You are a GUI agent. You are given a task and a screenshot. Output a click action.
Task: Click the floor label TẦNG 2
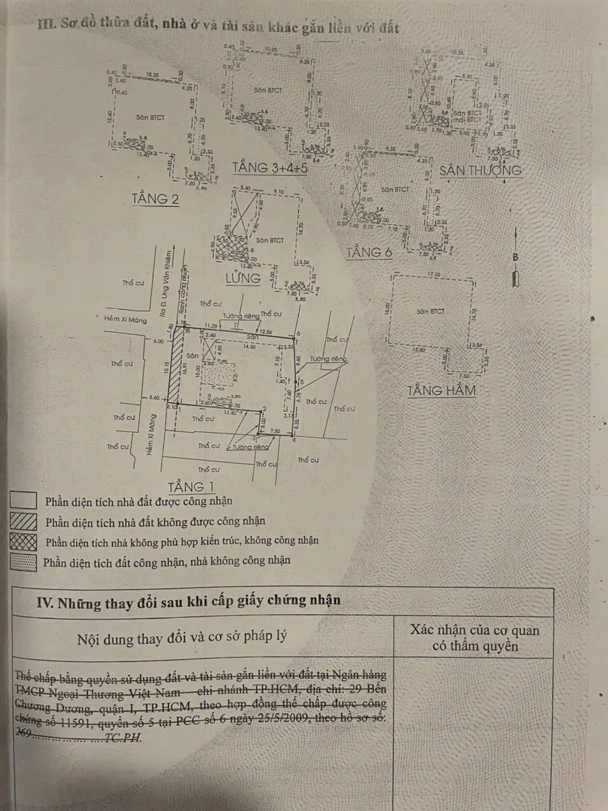(x=155, y=198)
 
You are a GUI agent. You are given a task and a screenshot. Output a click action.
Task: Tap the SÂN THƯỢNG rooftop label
(x=480, y=170)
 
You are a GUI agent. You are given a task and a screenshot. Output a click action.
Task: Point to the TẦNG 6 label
(x=369, y=252)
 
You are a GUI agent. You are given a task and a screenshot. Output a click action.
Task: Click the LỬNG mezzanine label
(x=243, y=278)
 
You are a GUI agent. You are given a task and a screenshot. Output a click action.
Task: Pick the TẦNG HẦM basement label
(x=441, y=390)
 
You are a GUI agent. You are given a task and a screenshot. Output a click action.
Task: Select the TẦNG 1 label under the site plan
(x=191, y=487)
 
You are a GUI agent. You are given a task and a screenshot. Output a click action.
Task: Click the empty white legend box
(x=24, y=501)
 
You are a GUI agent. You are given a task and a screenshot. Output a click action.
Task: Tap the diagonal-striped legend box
(x=24, y=521)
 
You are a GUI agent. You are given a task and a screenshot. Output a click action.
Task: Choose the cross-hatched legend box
(x=24, y=542)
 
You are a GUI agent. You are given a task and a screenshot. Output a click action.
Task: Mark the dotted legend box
(x=24, y=562)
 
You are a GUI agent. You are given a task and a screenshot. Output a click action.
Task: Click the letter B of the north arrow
(x=515, y=257)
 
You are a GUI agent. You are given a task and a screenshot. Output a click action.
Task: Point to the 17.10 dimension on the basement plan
(x=434, y=275)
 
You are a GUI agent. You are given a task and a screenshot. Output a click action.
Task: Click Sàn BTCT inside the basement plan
(x=431, y=311)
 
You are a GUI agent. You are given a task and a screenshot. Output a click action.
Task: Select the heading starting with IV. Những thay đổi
(x=189, y=601)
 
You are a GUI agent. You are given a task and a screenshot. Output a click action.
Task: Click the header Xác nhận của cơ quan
(x=474, y=630)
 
